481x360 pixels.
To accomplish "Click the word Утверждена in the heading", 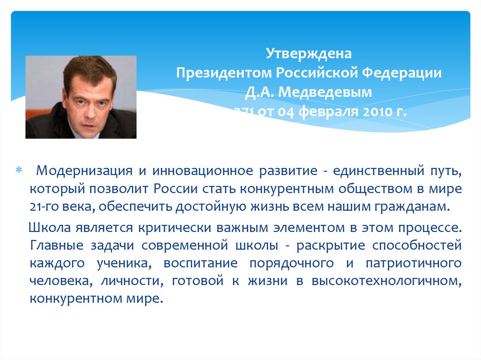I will click(x=309, y=54).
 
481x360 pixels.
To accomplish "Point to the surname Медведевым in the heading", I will click(x=332, y=93).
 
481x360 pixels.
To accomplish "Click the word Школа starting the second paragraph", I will click(x=49, y=228).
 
